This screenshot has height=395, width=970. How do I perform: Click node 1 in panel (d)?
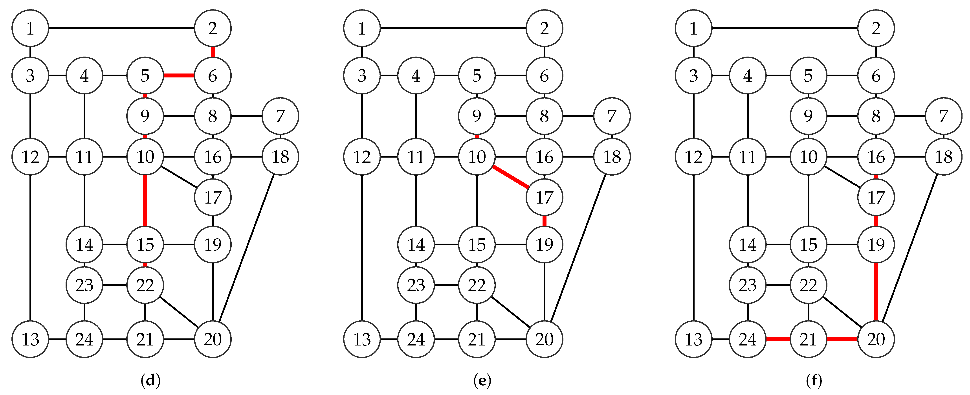click(30, 28)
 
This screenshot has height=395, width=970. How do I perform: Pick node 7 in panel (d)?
click(280, 116)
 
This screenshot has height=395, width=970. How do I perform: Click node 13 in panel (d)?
click(30, 339)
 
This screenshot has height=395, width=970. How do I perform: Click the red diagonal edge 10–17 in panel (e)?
click(510, 177)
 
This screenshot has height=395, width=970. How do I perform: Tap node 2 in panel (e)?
click(544, 28)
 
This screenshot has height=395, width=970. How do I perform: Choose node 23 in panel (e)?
click(416, 285)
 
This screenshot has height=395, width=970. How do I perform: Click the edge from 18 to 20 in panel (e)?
click(578, 248)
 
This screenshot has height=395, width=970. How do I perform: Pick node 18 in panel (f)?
click(944, 157)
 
